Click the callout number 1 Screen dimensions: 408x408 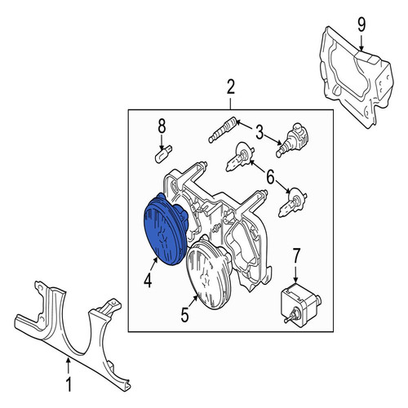tap(69, 385)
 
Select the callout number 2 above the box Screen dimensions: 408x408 tap(231, 87)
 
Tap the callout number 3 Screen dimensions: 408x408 tap(259, 133)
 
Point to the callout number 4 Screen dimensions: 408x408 tap(148, 281)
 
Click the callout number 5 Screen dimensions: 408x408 tap(184, 316)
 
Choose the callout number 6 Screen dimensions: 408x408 tap(270, 177)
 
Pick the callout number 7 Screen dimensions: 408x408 tap(296, 255)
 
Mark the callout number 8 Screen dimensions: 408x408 tap(162, 126)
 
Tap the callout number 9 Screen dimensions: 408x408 tap(361, 25)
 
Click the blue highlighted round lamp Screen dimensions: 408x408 tap(166, 229)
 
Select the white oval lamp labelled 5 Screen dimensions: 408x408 tap(209, 272)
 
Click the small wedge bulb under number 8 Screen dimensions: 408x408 tap(163, 154)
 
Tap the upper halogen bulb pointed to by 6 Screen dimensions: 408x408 tap(240, 157)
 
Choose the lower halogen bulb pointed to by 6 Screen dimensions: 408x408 tap(293, 202)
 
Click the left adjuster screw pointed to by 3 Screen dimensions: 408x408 tap(223, 130)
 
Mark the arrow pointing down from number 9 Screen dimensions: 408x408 tap(361, 42)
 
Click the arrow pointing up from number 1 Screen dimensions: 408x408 tap(69, 366)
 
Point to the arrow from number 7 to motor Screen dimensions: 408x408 tap(296, 273)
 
